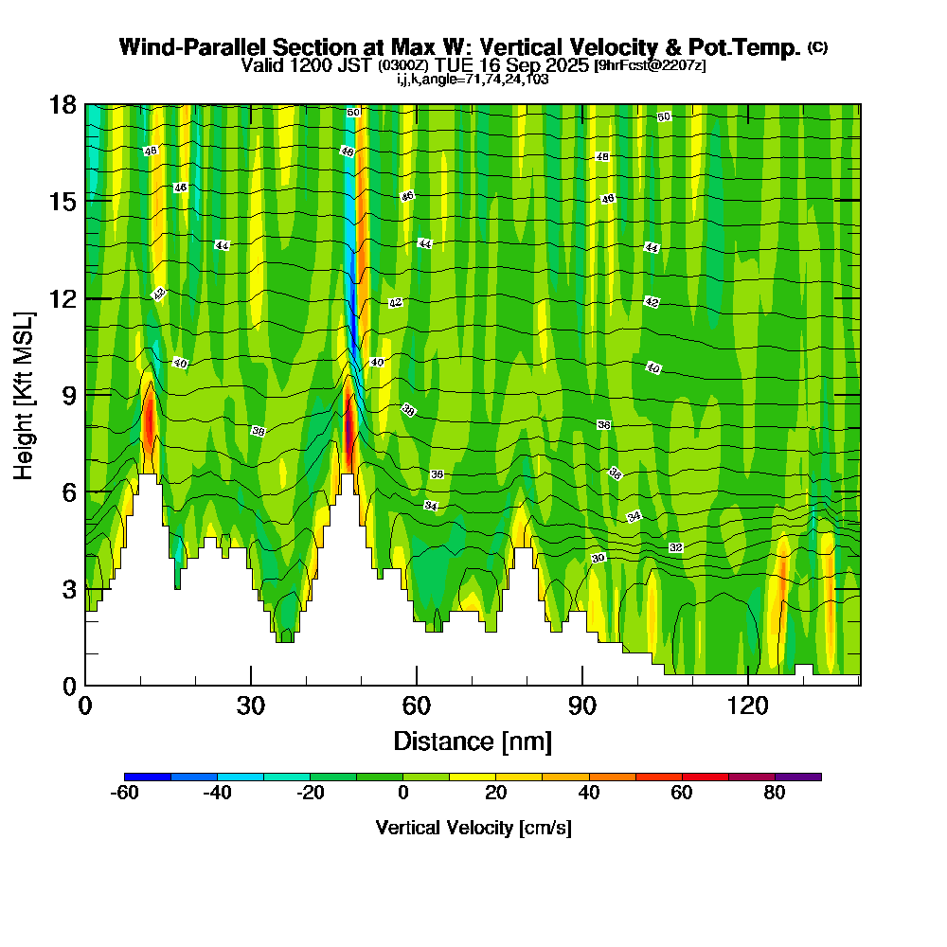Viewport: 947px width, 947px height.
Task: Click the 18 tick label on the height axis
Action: tap(63, 104)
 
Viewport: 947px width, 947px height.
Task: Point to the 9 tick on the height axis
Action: tap(85, 394)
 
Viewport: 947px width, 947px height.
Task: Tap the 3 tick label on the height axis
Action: tap(68, 589)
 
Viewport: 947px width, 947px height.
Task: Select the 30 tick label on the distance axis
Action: tap(251, 706)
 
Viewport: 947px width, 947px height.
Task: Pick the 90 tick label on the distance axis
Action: tap(582, 706)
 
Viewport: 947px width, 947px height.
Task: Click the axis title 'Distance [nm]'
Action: tap(473, 740)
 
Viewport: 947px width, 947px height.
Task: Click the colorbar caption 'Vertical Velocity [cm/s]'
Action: tap(473, 828)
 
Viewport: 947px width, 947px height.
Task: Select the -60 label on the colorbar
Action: tap(125, 794)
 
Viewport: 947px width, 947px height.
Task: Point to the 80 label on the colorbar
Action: tap(775, 794)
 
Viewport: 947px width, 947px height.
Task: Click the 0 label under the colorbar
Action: tap(403, 794)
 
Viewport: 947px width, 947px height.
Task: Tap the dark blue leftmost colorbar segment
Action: tap(148, 777)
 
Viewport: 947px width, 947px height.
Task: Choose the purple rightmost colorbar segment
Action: tap(798, 777)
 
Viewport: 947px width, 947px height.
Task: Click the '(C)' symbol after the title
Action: tap(818, 47)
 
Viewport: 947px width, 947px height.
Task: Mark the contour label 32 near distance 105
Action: tap(676, 548)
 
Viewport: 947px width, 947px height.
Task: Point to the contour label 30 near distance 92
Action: tap(599, 558)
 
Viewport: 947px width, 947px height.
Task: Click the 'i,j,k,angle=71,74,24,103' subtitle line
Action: tap(473, 79)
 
